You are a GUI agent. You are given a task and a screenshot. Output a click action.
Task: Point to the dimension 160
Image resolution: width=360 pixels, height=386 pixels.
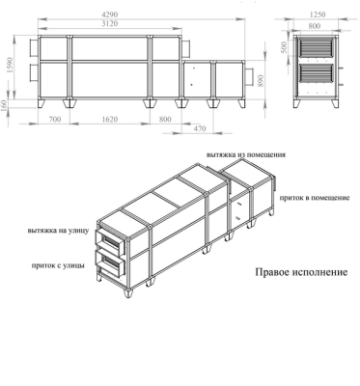click(x=5, y=103)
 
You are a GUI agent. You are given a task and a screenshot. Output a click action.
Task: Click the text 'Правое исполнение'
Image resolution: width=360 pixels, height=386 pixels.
click(x=301, y=272)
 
